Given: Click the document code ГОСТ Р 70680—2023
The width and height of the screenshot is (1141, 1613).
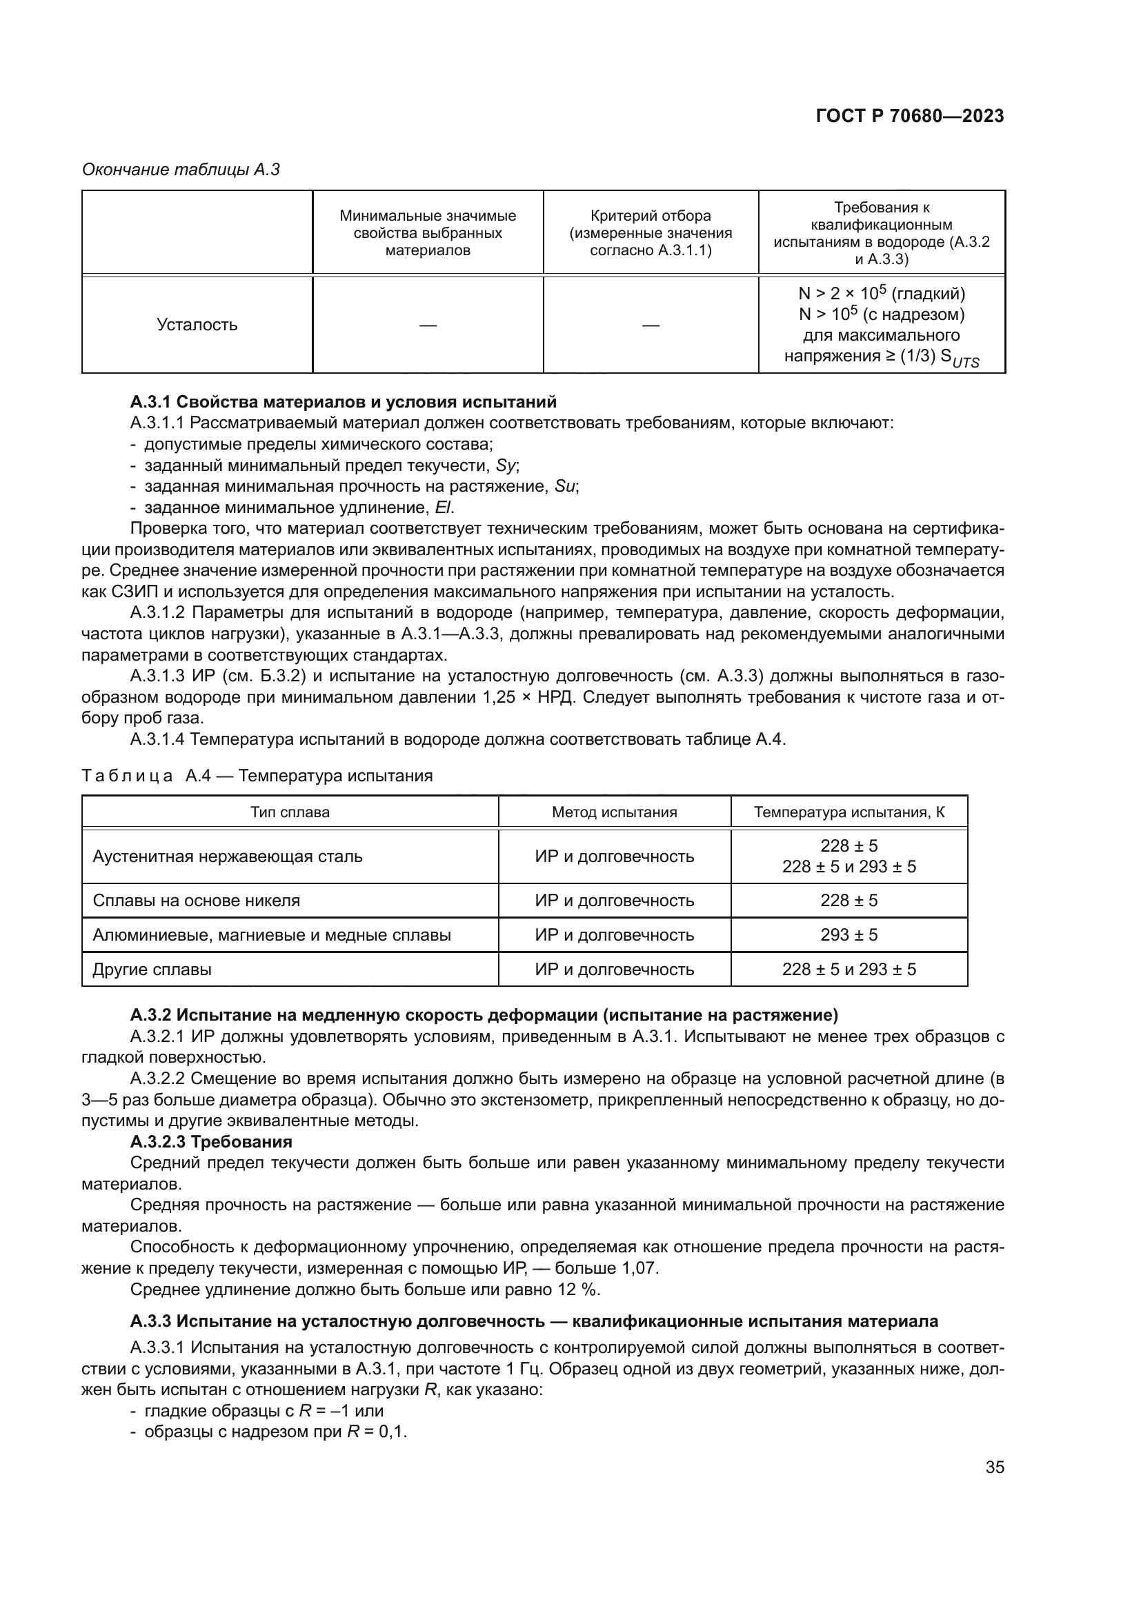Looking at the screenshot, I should [x=909, y=116].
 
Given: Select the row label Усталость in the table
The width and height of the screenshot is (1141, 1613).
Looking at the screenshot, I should [x=197, y=325].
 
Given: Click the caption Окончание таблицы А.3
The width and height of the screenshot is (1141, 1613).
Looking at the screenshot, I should [x=181, y=170].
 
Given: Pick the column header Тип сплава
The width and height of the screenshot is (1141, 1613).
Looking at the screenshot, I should [x=290, y=812].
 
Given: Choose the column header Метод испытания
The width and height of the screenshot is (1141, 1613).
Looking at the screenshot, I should [x=614, y=812].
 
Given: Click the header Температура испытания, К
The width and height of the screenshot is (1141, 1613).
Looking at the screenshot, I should [x=849, y=812].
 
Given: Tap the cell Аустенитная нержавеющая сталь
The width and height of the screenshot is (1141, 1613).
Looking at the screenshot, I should [x=228, y=856].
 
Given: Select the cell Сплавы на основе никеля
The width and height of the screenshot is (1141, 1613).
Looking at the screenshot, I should [x=196, y=901].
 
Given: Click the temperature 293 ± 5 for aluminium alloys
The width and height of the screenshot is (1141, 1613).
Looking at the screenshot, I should [x=849, y=935].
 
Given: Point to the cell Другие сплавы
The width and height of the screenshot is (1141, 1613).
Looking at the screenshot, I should [x=152, y=970].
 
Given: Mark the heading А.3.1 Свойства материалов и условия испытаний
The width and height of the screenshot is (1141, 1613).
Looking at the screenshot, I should [x=343, y=402].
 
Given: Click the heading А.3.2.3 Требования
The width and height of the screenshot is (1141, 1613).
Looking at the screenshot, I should [x=211, y=1141].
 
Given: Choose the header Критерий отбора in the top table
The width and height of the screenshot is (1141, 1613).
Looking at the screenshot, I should [x=651, y=217].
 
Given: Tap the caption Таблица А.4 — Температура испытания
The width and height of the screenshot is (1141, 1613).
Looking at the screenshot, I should [x=257, y=776].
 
